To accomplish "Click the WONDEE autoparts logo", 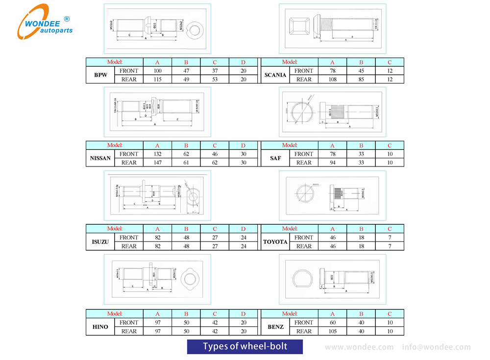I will point(45,22).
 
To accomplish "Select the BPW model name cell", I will point(100,75).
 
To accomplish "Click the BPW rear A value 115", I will point(157,79).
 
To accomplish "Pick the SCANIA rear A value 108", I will point(332,79).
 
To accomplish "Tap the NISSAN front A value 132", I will point(157,154).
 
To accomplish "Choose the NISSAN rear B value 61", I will point(186,163).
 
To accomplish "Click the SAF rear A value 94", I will point(332,163).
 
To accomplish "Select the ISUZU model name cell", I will point(100,242).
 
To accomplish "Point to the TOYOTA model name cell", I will point(275,242).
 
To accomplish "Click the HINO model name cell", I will point(100,327).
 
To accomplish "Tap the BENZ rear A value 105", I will point(332,331).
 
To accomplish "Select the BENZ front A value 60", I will point(332,322).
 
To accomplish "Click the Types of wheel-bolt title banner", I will point(245,347).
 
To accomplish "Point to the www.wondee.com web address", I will point(359,347).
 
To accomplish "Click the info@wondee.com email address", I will point(436,347).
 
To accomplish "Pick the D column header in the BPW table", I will point(243,62).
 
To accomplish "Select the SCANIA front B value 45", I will point(361,71).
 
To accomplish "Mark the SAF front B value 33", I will point(361,154).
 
